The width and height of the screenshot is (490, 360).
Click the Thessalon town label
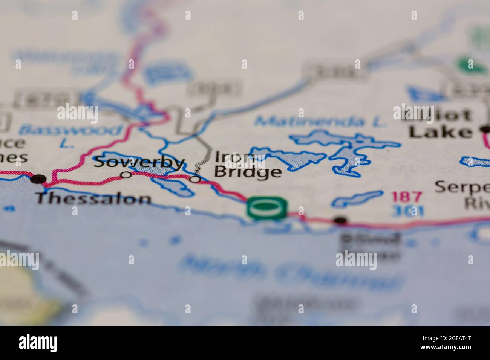tap(93, 198)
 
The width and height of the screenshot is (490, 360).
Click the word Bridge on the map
tap(248, 172)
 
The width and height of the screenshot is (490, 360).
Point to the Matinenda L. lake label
tap(320, 121)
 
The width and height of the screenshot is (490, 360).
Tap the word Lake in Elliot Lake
tap(440, 132)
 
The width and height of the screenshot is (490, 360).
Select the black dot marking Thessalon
tap(38, 179)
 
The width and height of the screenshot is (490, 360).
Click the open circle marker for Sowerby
tap(126, 175)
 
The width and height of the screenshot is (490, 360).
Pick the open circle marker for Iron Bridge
tap(195, 179)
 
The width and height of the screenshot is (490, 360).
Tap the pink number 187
tap(407, 197)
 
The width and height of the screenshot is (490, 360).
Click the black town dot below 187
tap(340, 220)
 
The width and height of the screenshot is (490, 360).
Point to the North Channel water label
tap(290, 269)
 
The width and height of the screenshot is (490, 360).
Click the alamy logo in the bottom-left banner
tap(38, 343)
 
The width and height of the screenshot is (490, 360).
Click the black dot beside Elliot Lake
tap(485, 130)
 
